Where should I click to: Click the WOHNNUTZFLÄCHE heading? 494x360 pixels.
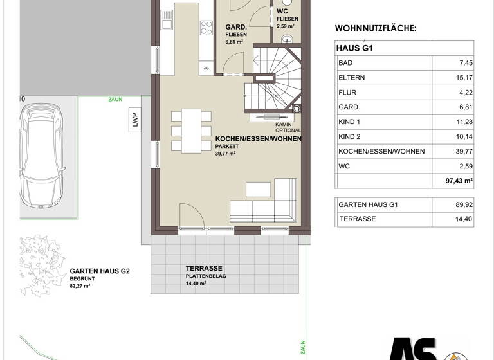coord(376,29)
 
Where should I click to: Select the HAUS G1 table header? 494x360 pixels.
coord(355,48)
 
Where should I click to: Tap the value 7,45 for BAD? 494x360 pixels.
coord(464,63)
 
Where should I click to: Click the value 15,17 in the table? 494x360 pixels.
coord(463,78)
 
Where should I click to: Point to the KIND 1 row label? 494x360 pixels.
coord(350,122)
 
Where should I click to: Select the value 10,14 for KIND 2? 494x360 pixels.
coord(463,137)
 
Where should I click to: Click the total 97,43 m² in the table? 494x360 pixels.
coord(459,181)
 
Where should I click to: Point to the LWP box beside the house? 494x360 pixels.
coord(135,122)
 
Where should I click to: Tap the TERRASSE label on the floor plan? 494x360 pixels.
coord(204,268)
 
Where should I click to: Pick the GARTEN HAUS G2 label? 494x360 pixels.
coord(100,271)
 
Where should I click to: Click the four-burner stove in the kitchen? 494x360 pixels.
coord(206,28)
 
